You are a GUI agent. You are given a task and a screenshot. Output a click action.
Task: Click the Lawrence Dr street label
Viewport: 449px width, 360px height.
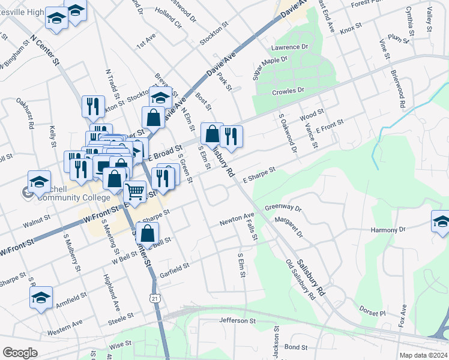[289, 47]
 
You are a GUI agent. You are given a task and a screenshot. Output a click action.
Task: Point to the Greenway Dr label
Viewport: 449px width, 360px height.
[283, 208]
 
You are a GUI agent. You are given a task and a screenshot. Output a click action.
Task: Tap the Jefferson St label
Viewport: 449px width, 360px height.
[238, 321]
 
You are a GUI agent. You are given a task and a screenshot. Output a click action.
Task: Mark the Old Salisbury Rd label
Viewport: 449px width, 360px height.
[301, 280]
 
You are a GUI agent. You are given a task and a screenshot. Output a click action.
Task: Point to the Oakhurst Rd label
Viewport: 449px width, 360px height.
[25, 114]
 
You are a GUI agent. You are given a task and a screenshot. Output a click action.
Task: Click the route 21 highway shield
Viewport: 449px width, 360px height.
[155, 298]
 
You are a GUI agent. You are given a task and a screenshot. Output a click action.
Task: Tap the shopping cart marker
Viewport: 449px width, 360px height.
[135, 192]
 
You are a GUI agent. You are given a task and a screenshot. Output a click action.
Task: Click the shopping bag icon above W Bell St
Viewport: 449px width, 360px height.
[147, 233]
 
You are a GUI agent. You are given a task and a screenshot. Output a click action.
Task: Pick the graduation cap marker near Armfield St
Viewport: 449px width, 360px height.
[41, 297]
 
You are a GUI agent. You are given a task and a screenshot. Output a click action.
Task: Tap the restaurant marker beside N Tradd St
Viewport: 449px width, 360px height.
[93, 106]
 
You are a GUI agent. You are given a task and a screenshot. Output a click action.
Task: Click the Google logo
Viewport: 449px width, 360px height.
[20, 353]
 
